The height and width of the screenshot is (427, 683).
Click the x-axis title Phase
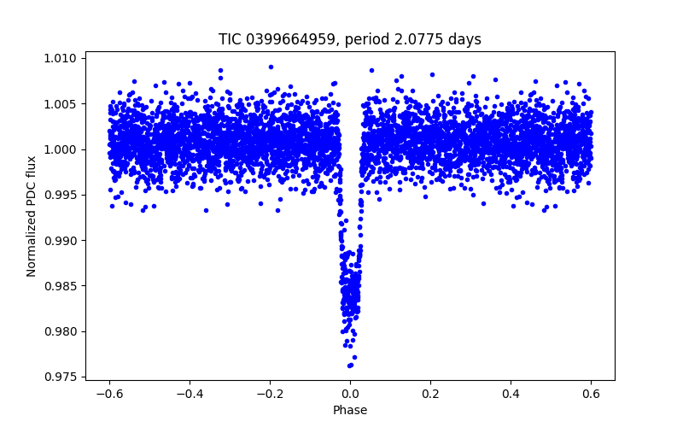point(350,410)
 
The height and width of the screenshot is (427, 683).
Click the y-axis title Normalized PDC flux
point(32,215)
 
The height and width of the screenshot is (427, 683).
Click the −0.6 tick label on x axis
point(108,394)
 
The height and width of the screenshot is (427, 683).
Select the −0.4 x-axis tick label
point(189,394)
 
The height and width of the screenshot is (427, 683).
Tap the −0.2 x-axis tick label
point(269,394)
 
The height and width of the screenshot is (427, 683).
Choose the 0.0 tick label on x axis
point(350,394)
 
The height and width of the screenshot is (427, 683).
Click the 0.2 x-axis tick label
point(430,394)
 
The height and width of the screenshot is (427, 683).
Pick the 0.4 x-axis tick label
point(511,394)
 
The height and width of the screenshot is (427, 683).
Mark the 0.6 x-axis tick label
point(591,394)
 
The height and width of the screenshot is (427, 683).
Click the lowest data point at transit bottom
point(350,366)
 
